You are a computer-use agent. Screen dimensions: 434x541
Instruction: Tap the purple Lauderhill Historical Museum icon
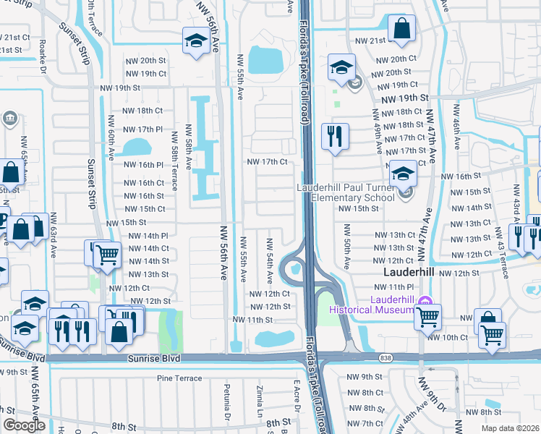click(x=425, y=301)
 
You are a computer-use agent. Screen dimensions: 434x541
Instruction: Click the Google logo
click(x=24, y=425)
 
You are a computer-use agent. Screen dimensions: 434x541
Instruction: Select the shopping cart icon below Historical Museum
click(x=427, y=315)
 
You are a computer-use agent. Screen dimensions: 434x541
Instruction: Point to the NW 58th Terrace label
click(x=174, y=152)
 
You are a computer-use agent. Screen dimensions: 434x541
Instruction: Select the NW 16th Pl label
click(x=145, y=165)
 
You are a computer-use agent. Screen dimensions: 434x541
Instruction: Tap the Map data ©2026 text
click(x=511, y=428)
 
